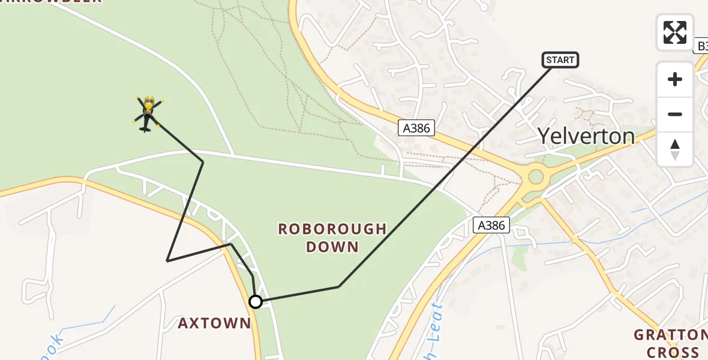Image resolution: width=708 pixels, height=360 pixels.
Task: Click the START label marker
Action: (x=560, y=59)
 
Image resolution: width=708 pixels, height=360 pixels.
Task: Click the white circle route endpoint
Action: (x=256, y=302)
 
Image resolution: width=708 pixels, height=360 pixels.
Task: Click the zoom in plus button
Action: (x=675, y=79)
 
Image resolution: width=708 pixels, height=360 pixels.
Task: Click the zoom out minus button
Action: (x=675, y=114)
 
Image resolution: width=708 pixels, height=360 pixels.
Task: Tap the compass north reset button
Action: (x=675, y=149)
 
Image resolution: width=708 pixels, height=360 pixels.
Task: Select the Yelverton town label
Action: (x=586, y=137)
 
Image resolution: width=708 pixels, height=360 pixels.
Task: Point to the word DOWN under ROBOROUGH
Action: (x=332, y=247)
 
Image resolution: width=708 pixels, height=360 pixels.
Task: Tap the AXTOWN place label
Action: (x=214, y=323)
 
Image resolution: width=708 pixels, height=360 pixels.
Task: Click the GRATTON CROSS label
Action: (x=670, y=343)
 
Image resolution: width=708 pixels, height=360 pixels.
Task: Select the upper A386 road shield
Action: (x=416, y=127)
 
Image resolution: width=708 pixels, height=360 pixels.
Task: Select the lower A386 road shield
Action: (x=491, y=225)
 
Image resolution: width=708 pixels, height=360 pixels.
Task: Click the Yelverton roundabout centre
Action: (x=535, y=177)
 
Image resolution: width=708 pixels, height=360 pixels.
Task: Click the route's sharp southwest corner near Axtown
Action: (x=167, y=260)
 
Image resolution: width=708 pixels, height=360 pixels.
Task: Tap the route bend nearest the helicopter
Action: (x=203, y=161)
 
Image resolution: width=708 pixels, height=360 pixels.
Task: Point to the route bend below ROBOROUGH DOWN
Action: (x=339, y=287)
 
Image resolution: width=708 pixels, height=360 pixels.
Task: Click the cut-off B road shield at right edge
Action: (x=701, y=46)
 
